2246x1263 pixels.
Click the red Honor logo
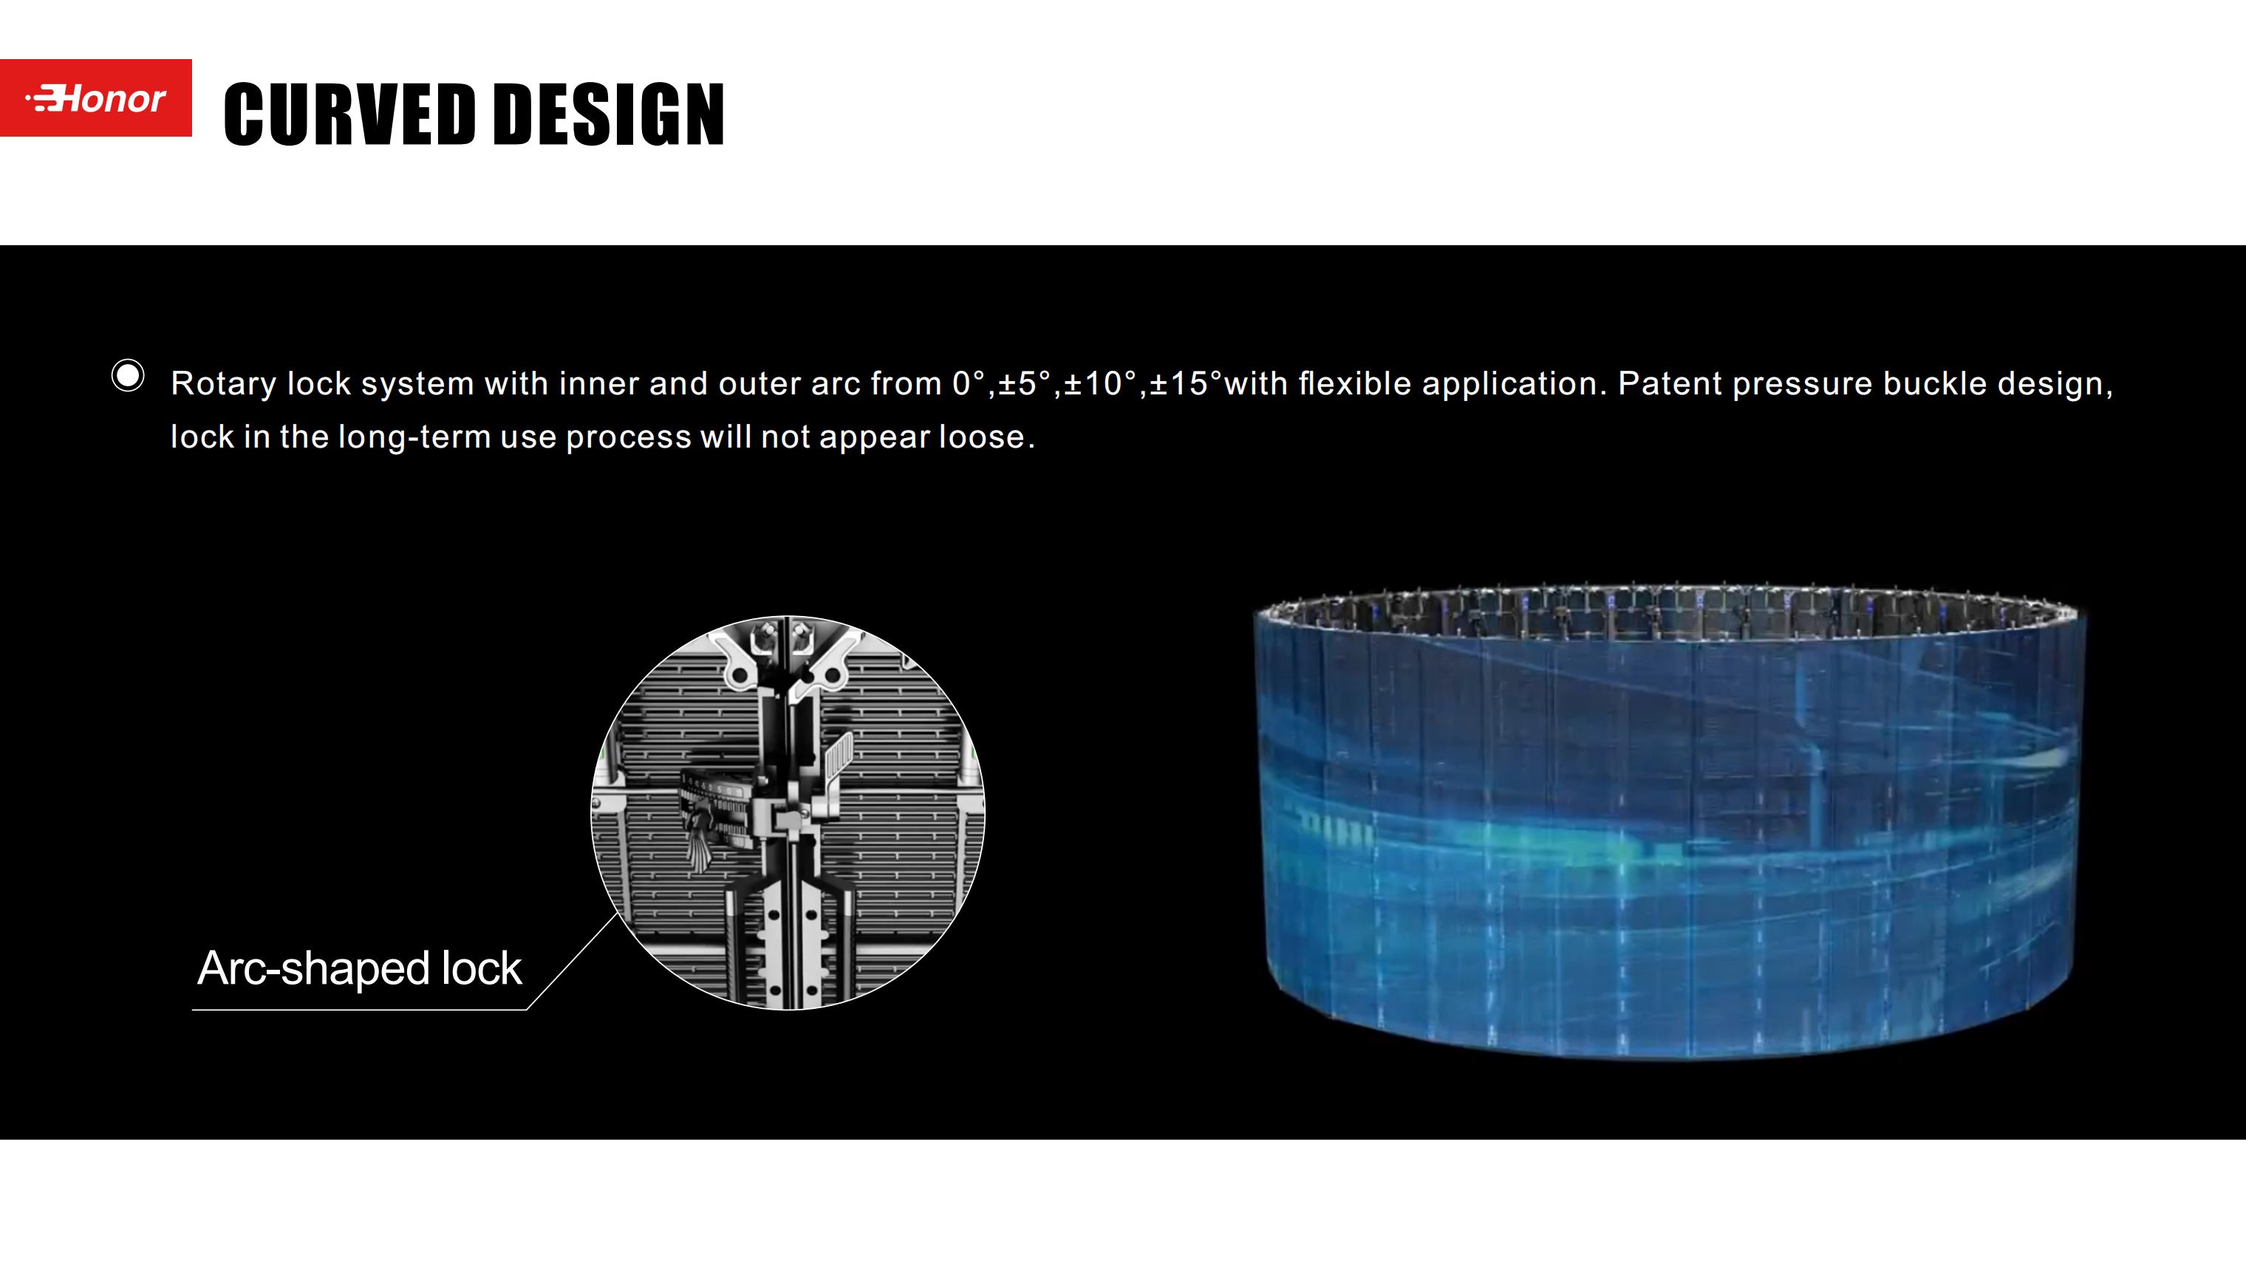(96, 98)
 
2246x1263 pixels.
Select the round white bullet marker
(128, 376)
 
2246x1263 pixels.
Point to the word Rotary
(223, 384)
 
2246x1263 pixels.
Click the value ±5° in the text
(1025, 383)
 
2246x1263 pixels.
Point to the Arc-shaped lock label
(359, 968)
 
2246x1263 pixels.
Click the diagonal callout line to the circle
(572, 962)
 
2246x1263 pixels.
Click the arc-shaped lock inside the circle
(715, 815)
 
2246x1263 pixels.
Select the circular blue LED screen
(1670, 822)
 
